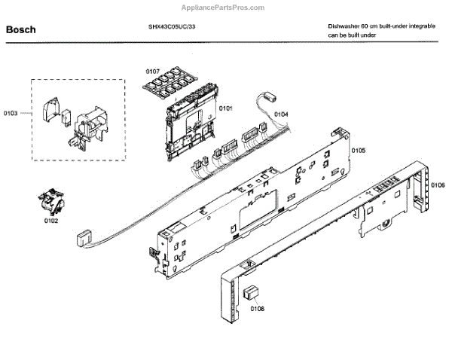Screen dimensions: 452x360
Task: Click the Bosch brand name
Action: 21,30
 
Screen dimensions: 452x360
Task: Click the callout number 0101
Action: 226,108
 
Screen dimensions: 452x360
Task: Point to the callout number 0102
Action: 51,221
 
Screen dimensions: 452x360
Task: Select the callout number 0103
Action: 11,114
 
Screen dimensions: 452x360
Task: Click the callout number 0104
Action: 281,114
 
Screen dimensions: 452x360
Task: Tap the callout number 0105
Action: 359,151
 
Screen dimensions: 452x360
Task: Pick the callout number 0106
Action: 438,185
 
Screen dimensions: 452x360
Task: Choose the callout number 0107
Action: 153,72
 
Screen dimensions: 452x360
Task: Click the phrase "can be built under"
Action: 352,35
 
